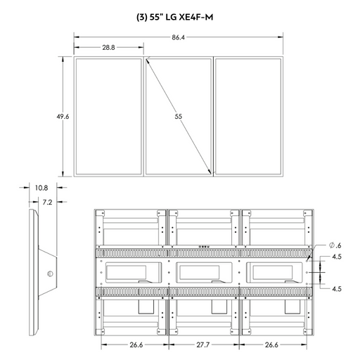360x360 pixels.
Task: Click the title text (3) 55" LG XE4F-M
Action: [x=175, y=18]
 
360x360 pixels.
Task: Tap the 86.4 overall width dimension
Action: [x=178, y=37]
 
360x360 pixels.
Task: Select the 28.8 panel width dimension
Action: [x=108, y=47]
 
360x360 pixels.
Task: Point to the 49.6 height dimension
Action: [x=63, y=117]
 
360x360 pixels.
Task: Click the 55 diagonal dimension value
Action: [x=179, y=117]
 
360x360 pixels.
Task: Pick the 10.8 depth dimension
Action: [x=41, y=188]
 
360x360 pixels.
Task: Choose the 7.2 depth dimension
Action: [x=47, y=202]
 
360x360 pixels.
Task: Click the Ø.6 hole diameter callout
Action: [x=335, y=245]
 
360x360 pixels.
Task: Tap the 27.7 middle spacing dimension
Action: [x=203, y=345]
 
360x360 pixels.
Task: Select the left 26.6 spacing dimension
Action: [x=136, y=345]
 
